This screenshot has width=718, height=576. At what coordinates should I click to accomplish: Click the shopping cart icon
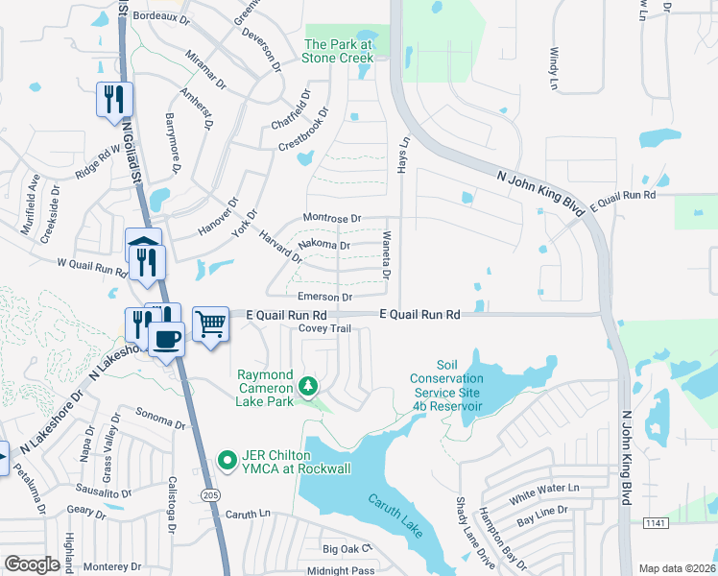click(x=210, y=324)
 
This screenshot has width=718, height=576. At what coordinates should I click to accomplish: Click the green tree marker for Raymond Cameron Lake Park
click(x=308, y=386)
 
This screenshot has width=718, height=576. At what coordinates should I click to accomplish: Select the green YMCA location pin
click(x=227, y=461)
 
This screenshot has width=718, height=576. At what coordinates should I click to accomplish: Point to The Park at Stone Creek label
click(x=338, y=51)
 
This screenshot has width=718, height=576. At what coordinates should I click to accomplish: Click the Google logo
click(x=32, y=564)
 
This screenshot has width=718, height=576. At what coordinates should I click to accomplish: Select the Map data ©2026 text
click(x=677, y=568)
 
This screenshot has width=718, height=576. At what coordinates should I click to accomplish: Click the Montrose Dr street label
click(x=332, y=219)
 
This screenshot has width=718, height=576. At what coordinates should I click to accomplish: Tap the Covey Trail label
click(x=326, y=328)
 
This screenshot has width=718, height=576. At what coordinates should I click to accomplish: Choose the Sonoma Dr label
click(x=160, y=420)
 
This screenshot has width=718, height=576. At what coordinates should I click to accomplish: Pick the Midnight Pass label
click(x=348, y=570)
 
